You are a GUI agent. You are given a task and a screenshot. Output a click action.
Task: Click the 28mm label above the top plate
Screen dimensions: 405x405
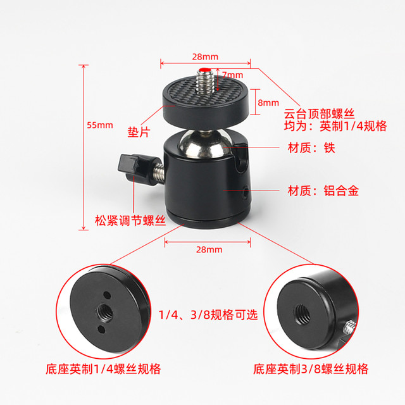tap(202, 56)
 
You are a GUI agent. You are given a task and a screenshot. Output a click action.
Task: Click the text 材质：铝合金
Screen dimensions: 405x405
tap(323, 190)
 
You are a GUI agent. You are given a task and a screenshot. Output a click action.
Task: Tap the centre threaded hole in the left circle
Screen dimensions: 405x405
tap(103, 311)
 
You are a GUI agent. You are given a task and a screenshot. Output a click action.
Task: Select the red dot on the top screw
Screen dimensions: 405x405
tap(205, 70)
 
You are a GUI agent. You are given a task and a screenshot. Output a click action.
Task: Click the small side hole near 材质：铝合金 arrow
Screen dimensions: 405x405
tap(245, 189)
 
